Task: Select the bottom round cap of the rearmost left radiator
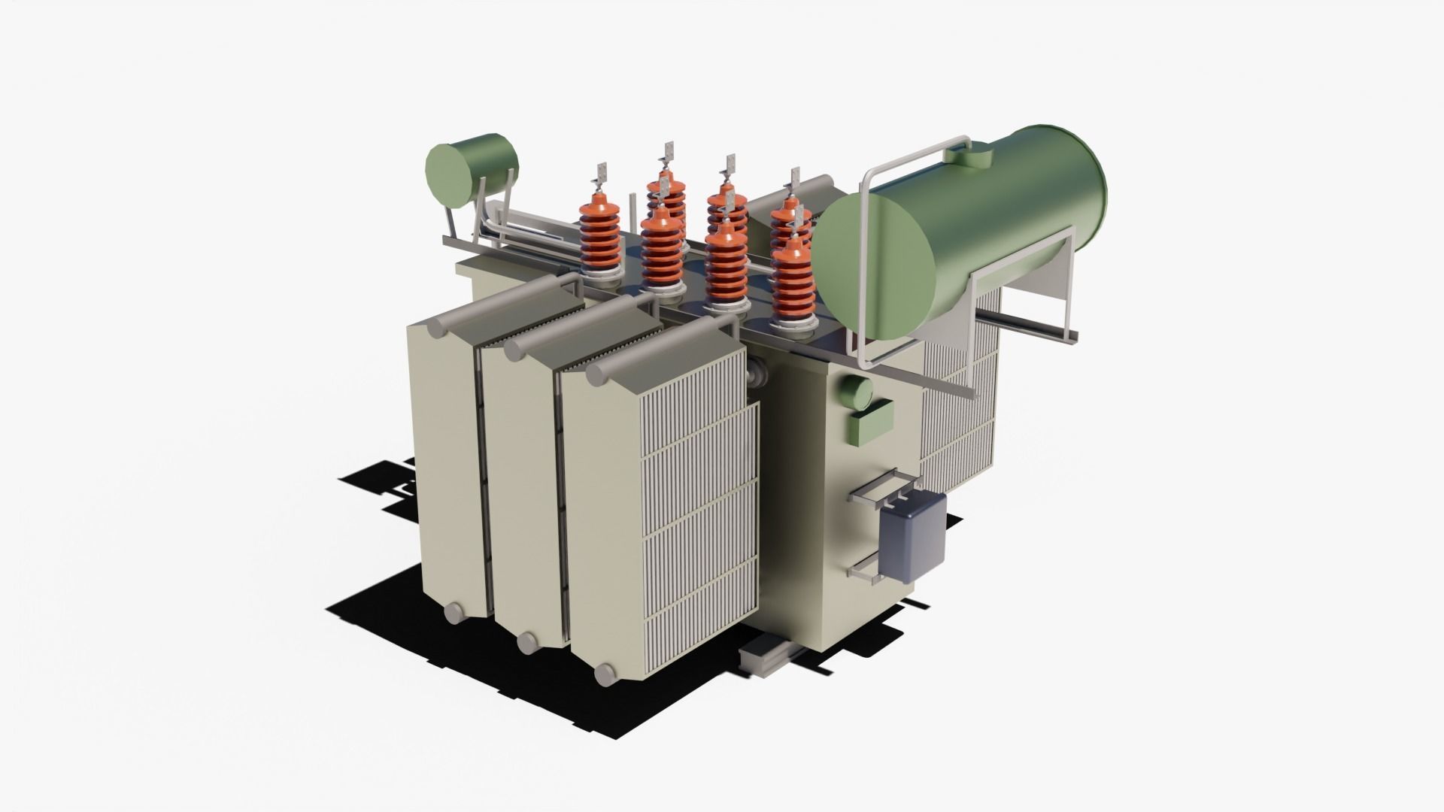pos(455,614)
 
